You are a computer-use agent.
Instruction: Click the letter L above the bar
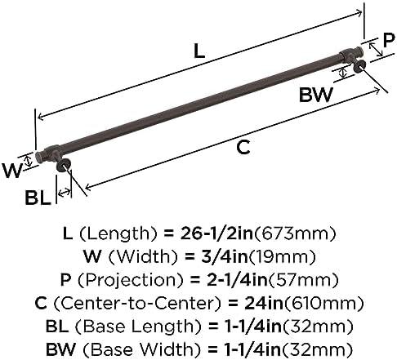[199, 51]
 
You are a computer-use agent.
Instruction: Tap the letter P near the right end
[389, 40]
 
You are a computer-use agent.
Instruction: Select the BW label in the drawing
[316, 95]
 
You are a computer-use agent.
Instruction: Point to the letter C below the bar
[243, 147]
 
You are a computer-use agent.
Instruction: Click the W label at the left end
[11, 171]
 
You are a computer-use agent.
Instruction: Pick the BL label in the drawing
[38, 198]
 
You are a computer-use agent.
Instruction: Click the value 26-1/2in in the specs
[216, 233]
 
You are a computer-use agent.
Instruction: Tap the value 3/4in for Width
[225, 256]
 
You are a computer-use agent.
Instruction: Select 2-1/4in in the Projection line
[237, 280]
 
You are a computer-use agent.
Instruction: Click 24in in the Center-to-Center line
[263, 303]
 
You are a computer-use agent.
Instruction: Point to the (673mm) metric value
[294, 233]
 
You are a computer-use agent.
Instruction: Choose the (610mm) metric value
[323, 304]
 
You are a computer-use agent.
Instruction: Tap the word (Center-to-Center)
[136, 304]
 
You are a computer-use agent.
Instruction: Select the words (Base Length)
[139, 327]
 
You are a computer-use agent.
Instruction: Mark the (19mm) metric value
[282, 256]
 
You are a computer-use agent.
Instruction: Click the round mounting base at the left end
[64, 166]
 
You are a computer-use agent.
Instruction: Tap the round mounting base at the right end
[359, 66]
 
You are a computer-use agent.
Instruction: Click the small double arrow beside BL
[64, 193]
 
